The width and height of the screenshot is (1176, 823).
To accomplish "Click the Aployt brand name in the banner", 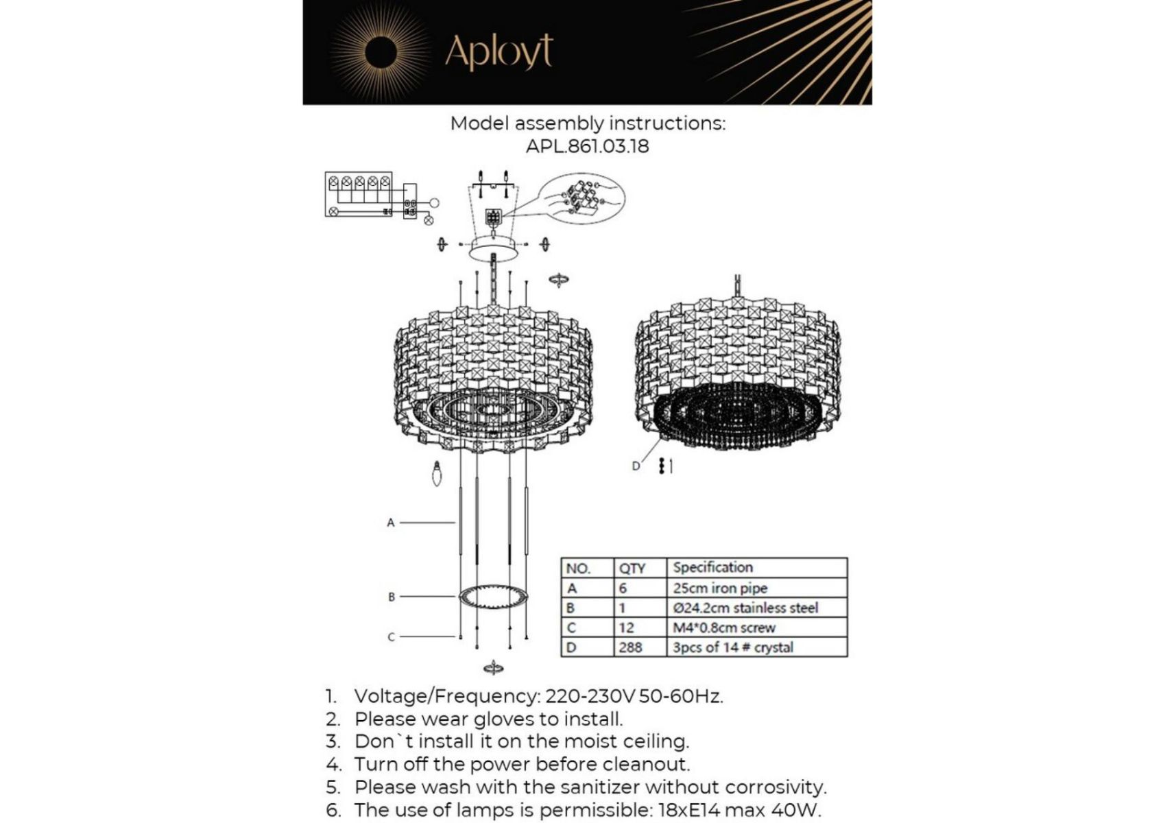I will point(499,51).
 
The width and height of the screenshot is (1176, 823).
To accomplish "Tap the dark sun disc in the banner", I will point(381,53).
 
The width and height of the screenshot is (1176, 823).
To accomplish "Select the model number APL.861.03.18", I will point(587,146).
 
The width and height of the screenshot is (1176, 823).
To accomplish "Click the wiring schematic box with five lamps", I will point(359,194).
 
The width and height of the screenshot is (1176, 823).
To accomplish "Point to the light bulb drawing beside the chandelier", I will point(437,473).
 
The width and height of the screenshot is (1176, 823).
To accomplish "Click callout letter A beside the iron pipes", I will point(391,523).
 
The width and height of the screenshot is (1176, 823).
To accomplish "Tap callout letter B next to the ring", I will point(392,597).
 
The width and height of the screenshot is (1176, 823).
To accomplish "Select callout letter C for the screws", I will point(392,637).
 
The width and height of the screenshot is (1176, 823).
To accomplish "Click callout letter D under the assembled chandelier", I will point(636,466).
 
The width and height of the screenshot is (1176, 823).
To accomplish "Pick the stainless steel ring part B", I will point(494,595).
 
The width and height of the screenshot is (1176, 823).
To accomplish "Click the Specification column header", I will point(712,567).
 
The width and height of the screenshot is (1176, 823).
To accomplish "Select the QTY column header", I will point(632,568).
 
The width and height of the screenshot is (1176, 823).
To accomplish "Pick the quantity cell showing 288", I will point(630,647).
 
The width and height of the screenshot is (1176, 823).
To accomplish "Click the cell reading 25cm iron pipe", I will point(720,588).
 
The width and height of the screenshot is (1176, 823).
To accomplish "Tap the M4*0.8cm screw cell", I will point(723,628).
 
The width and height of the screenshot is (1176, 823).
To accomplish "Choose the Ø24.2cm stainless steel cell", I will point(745,608).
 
